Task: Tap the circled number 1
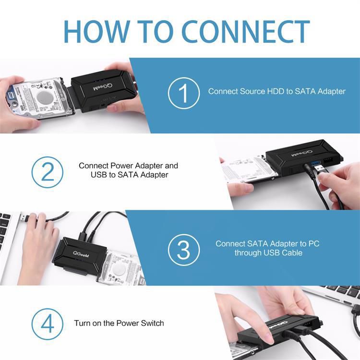point(183,93)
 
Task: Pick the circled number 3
point(183,249)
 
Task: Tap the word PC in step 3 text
point(314,244)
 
